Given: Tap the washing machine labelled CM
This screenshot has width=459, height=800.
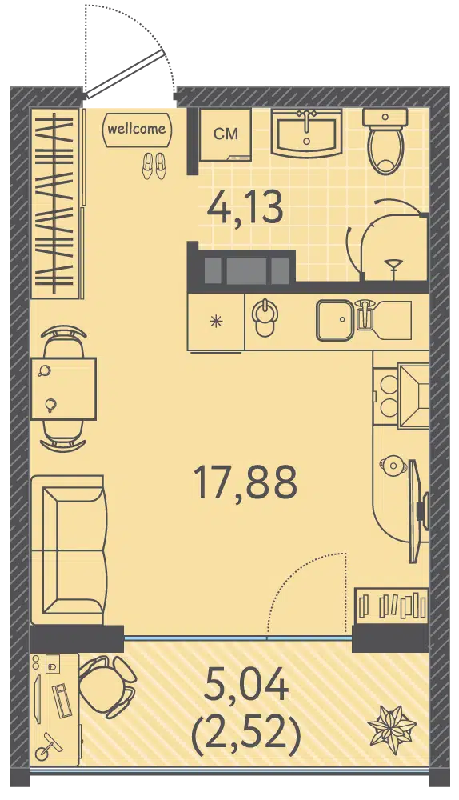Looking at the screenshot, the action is [x=225, y=134].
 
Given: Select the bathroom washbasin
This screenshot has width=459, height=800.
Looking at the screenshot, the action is [x=306, y=132].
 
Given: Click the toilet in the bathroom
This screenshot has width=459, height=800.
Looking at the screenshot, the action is [x=385, y=141].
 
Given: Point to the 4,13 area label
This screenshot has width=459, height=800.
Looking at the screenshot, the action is [x=245, y=209].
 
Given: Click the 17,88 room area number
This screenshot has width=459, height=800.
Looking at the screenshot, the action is [x=245, y=483].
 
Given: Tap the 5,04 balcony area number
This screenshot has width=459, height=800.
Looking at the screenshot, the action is [x=245, y=686].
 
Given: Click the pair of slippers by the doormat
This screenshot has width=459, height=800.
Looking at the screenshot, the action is [x=154, y=166].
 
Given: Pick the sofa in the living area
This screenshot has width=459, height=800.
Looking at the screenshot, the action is [x=69, y=550].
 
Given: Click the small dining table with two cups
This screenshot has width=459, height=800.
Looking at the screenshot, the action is [x=64, y=389].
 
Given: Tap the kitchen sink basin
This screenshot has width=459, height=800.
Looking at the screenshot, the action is [x=334, y=321].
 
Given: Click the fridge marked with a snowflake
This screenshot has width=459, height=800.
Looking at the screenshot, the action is [x=217, y=322].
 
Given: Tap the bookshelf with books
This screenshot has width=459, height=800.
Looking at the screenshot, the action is [x=391, y=605].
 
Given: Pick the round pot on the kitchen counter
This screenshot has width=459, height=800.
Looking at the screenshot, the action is [x=392, y=465].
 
